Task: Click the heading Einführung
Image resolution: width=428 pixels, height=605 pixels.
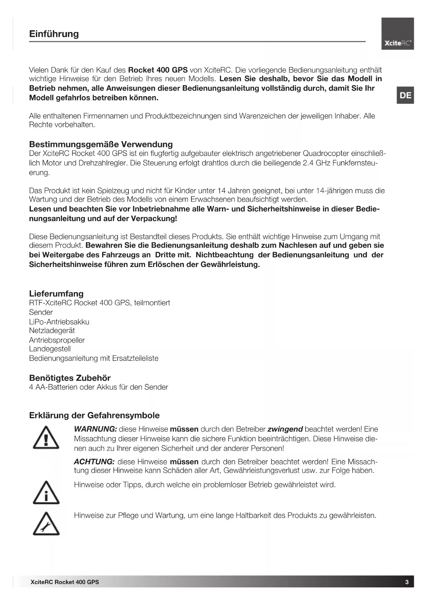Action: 54,34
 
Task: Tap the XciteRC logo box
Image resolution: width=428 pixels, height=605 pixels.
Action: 397,34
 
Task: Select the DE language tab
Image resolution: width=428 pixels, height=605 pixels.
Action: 405,95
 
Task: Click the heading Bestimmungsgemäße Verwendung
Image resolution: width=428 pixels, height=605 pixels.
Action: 101,144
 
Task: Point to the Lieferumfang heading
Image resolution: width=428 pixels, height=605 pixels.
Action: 56,294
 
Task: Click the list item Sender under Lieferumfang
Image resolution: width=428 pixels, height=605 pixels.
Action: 41,312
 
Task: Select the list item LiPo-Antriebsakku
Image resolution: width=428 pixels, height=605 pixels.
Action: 59,322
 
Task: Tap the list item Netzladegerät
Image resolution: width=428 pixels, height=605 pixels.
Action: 52,330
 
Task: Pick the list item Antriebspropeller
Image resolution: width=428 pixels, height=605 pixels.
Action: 57,340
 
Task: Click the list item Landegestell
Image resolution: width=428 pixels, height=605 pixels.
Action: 50,349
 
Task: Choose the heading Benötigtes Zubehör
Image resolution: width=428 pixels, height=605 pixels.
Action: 70,378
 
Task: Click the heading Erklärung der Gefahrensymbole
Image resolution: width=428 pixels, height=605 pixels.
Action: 94,415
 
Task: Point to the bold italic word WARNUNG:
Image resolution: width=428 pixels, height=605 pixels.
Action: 96,429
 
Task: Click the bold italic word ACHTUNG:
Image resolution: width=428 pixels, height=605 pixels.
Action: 94,462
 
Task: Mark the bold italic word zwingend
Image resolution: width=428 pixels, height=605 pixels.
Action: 285,429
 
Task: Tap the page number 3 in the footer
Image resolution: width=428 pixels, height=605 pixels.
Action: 407,582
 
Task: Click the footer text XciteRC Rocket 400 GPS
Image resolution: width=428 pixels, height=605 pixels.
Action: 64,582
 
